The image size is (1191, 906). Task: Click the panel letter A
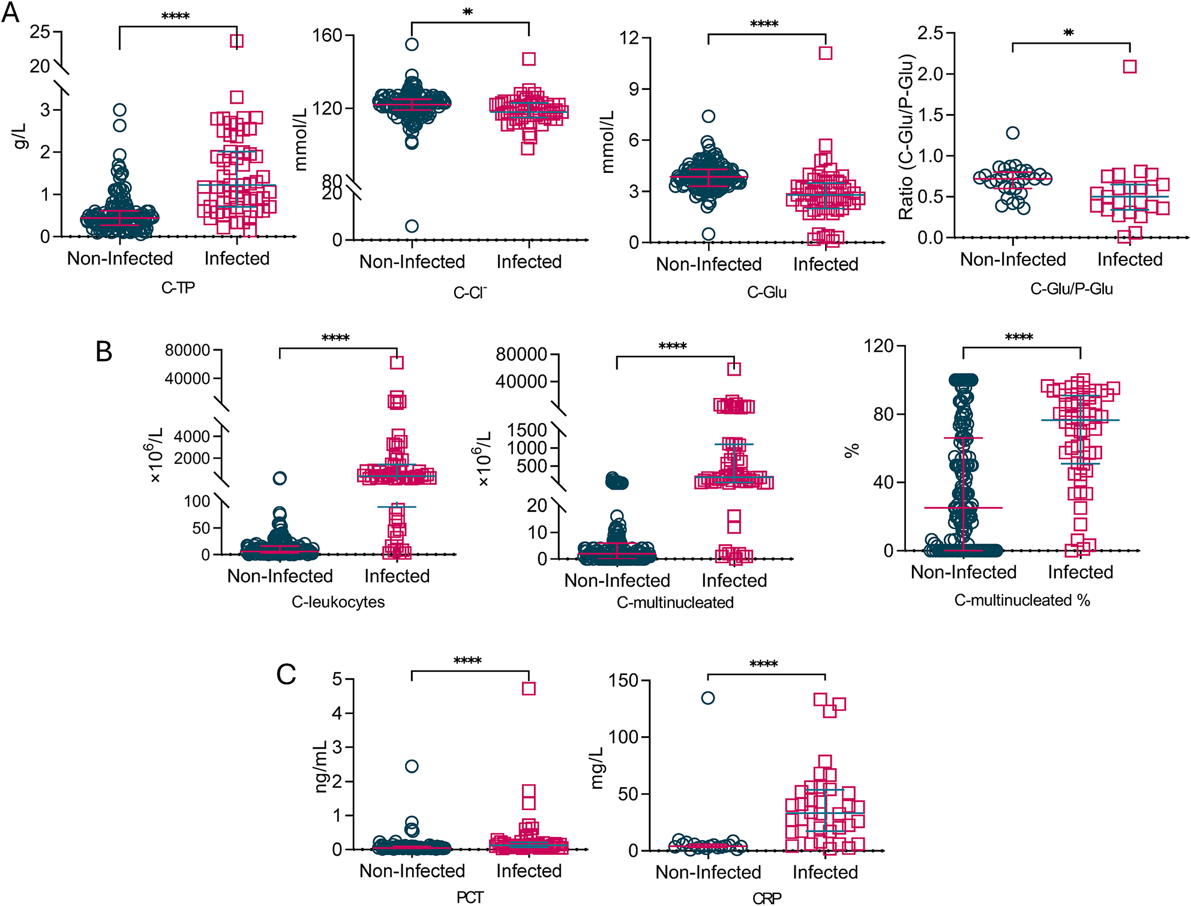pyautogui.click(x=10, y=12)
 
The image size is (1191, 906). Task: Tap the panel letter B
pyautogui.click(x=104, y=352)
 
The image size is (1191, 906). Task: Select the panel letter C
pyautogui.click(x=286, y=674)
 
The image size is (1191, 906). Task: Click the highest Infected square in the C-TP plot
pyautogui.click(x=237, y=41)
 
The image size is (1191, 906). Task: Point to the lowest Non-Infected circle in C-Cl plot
pyautogui.click(x=412, y=226)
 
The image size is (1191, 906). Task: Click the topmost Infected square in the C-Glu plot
pyautogui.click(x=826, y=53)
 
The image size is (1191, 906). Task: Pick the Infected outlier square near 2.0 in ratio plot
pyautogui.click(x=1130, y=67)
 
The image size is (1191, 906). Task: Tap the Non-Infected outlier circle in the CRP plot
pyautogui.click(x=708, y=698)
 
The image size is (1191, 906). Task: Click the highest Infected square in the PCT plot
pyautogui.click(x=529, y=689)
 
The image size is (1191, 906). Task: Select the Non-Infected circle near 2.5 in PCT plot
pyautogui.click(x=412, y=766)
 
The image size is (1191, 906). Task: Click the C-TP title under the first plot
pyautogui.click(x=178, y=288)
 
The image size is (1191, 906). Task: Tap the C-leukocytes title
pyautogui.click(x=338, y=602)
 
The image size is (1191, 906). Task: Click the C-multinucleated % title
pyautogui.click(x=1022, y=600)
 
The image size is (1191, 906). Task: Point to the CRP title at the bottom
pyautogui.click(x=767, y=898)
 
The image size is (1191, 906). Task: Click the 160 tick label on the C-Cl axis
pyautogui.click(x=327, y=36)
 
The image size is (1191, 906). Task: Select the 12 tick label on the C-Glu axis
pyautogui.click(x=629, y=38)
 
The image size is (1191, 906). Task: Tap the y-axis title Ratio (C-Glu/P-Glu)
pyautogui.click(x=906, y=137)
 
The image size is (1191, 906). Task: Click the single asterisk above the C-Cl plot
pyautogui.click(x=468, y=13)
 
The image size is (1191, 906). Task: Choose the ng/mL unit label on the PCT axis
pyautogui.click(x=321, y=766)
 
